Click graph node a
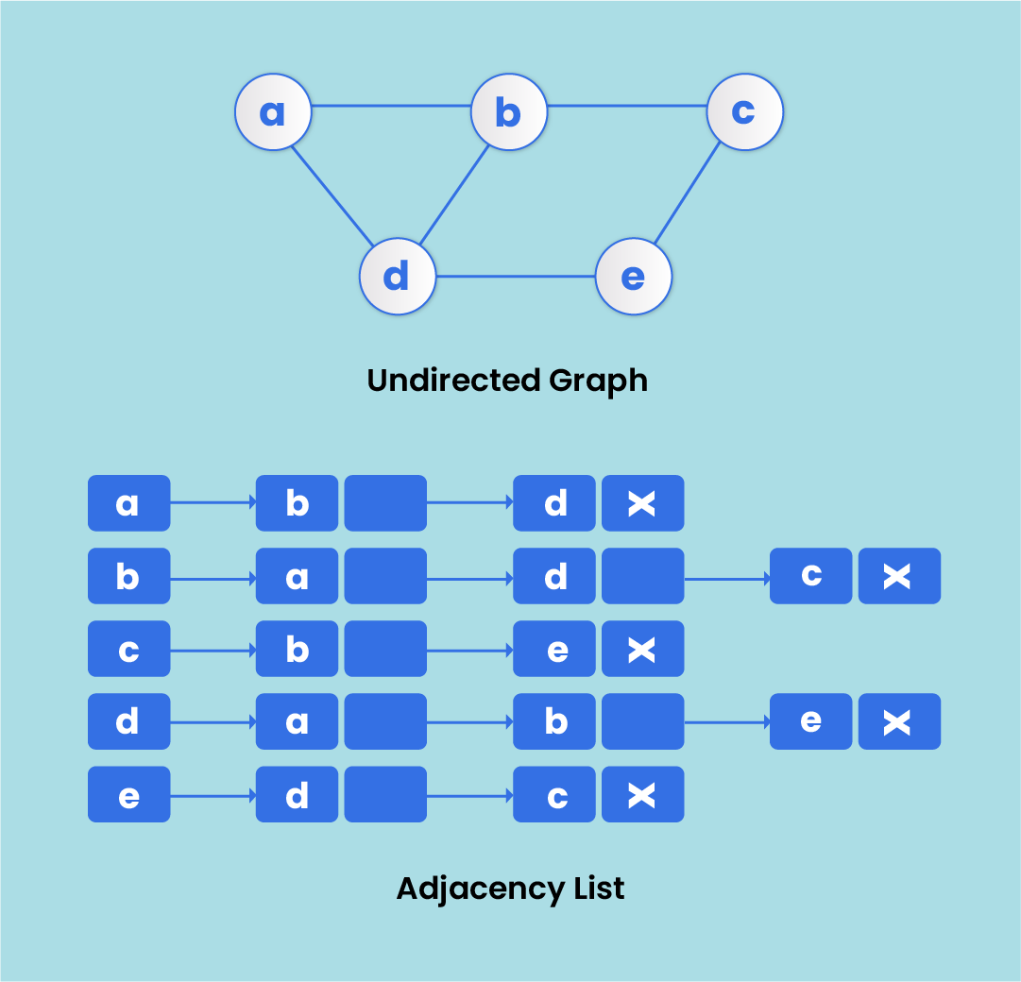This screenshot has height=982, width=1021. pyautogui.click(x=273, y=111)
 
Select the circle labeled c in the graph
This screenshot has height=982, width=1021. pyautogui.click(x=744, y=111)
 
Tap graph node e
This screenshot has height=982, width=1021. pyautogui.click(x=633, y=278)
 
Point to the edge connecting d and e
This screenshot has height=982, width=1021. pyautogui.click(x=515, y=277)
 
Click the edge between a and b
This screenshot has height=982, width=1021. pyautogui.click(x=391, y=106)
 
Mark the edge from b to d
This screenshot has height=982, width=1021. pyautogui.click(x=453, y=195)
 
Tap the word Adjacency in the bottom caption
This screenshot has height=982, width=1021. pyautogui.click(x=470, y=889)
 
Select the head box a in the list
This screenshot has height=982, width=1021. pyautogui.click(x=128, y=503)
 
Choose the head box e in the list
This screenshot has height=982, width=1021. pyautogui.click(x=128, y=794)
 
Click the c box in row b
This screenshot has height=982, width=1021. pyautogui.click(x=810, y=576)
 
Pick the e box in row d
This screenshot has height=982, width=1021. pyautogui.click(x=810, y=721)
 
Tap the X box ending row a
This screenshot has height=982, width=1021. pyautogui.click(x=642, y=503)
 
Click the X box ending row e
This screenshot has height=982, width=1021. pyautogui.click(x=642, y=794)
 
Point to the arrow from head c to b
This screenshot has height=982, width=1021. pyautogui.click(x=213, y=650)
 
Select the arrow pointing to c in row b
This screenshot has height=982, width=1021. pyautogui.click(x=726, y=576)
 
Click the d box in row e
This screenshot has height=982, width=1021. pyautogui.click(x=297, y=794)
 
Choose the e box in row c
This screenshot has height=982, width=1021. pyautogui.click(x=554, y=649)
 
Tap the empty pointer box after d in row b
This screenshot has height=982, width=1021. pyautogui.click(x=642, y=576)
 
